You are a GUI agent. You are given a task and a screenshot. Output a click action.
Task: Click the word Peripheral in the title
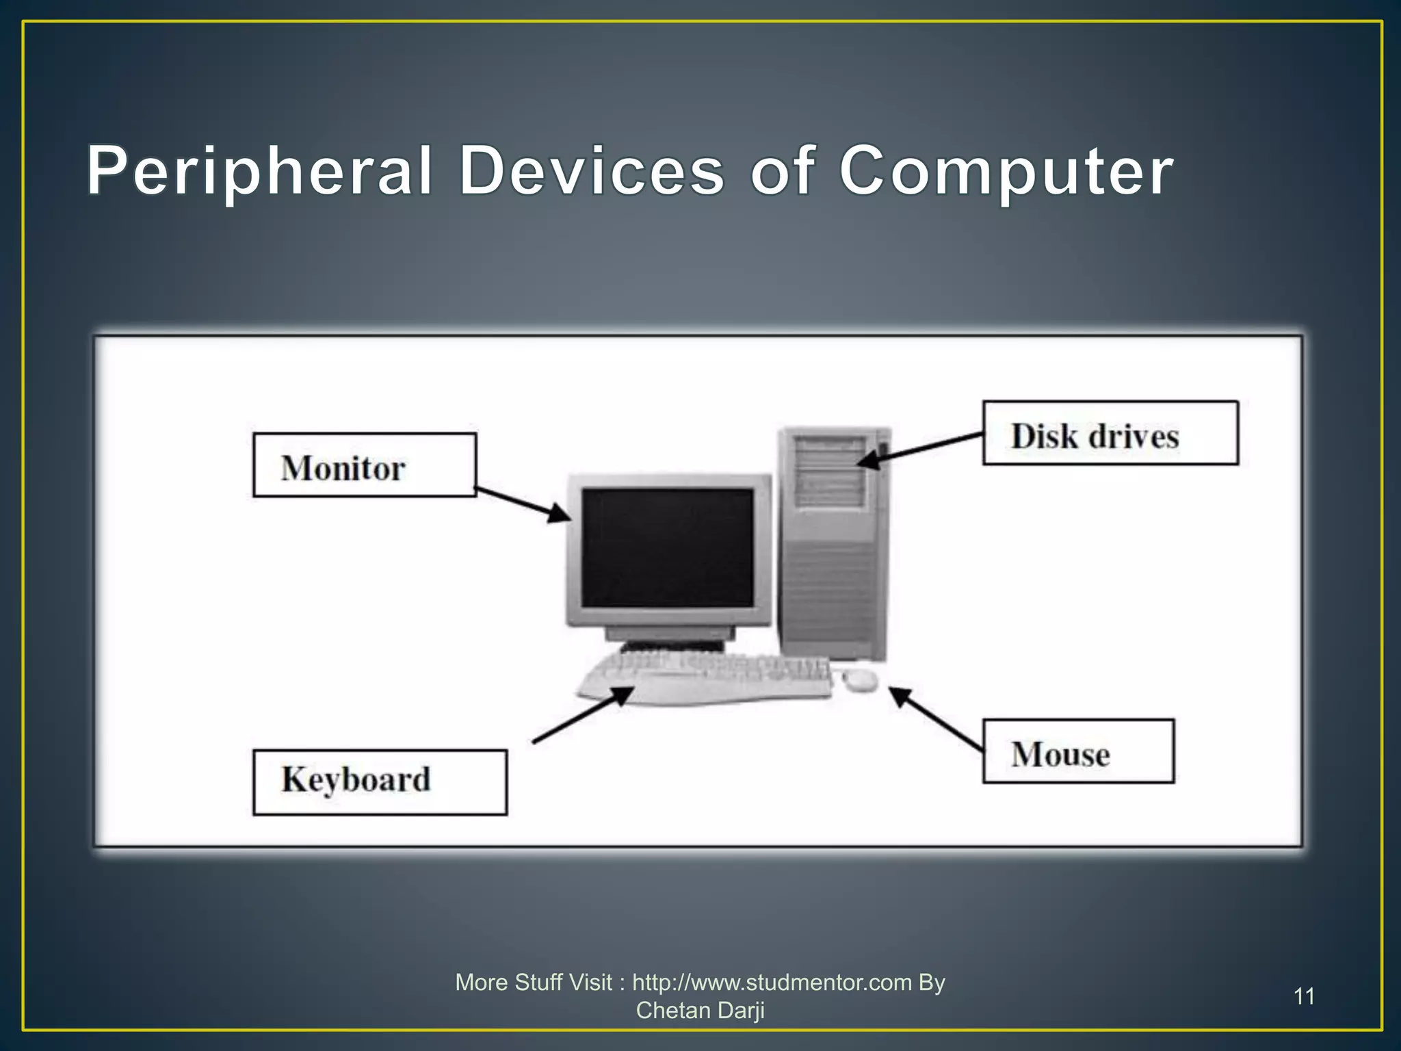260,171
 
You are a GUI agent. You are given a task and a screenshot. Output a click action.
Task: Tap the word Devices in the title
591,171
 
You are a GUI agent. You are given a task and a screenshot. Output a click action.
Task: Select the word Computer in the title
1006,171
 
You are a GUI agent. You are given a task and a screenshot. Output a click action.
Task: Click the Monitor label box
364,465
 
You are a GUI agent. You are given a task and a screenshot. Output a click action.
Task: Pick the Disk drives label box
1110,433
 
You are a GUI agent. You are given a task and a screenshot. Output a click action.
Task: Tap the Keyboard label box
380,782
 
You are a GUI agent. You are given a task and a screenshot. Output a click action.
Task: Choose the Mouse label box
1078,751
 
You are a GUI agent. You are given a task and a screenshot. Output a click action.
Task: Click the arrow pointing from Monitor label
523,505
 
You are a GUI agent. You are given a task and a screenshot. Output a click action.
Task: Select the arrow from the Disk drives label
920,449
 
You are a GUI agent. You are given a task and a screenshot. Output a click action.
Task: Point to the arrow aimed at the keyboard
581,716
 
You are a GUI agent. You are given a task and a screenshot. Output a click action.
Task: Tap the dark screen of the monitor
667,547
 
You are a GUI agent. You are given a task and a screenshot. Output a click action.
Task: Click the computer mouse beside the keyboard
860,679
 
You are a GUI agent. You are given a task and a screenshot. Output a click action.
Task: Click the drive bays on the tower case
829,472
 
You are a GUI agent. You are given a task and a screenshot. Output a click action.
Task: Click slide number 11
1304,996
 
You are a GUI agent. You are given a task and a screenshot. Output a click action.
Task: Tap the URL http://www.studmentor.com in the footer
772,983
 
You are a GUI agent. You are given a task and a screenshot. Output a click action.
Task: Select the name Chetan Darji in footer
700,1011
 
